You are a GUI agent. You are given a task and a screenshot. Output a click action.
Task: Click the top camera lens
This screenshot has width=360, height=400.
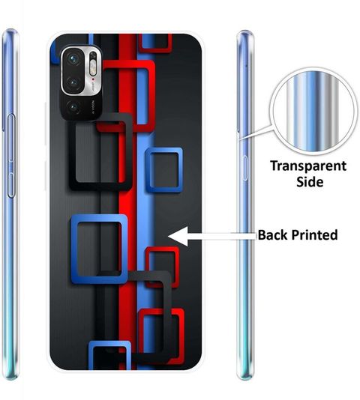pos(73,60)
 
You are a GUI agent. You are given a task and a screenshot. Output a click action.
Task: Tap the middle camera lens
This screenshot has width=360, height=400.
pos(73,82)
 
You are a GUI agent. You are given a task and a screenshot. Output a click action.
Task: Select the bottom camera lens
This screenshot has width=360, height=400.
pos(73,107)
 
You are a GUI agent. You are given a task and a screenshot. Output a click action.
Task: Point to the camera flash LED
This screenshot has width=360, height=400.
pos(93,68)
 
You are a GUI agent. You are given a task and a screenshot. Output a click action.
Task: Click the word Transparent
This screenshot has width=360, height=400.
pos(308,166)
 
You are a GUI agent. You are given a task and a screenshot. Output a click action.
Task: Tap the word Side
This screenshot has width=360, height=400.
pos(310,182)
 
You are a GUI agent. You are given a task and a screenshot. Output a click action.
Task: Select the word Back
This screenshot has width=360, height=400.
pos(272,234)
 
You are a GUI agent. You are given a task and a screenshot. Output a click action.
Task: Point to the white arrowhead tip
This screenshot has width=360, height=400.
pos(168,237)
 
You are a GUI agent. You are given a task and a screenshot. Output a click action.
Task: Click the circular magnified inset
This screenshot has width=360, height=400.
pos(313,111)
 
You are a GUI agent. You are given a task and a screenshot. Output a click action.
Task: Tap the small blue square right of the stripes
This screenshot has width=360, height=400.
pos(164,170)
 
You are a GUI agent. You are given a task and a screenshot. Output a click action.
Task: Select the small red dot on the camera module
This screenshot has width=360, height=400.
pos(93,79)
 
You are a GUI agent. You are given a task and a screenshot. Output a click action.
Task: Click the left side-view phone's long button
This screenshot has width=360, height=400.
pos(11,156)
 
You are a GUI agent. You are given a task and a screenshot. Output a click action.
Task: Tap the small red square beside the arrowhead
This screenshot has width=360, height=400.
pos(162,267)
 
